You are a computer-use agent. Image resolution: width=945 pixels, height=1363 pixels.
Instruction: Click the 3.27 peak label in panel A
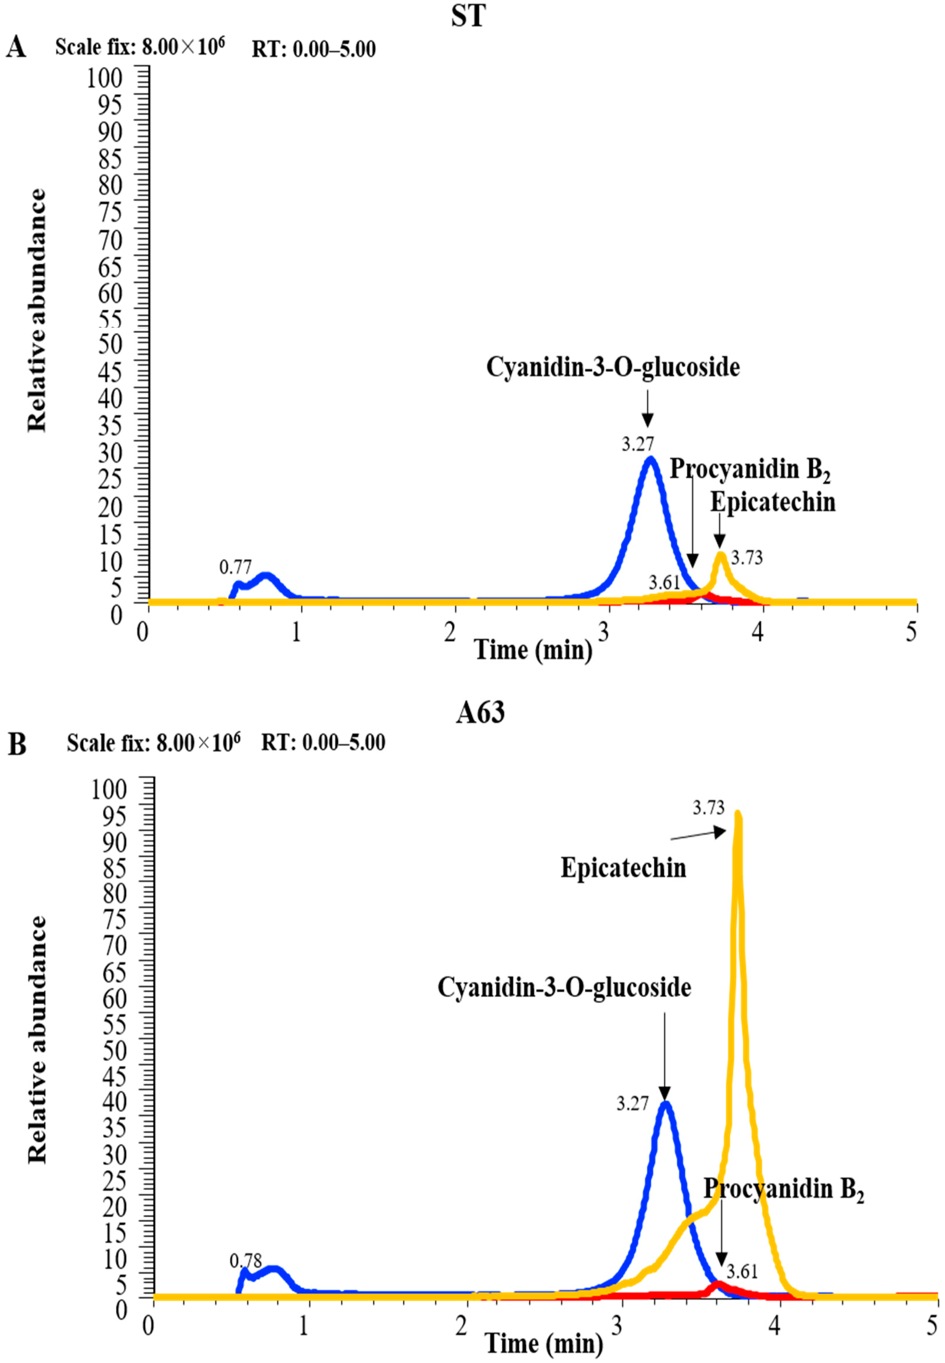tap(638, 444)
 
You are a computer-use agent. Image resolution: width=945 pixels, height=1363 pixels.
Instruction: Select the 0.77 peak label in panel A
tap(235, 567)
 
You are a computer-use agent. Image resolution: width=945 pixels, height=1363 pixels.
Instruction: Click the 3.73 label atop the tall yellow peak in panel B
tap(709, 808)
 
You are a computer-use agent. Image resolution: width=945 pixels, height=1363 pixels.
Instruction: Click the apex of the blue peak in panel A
tap(651, 459)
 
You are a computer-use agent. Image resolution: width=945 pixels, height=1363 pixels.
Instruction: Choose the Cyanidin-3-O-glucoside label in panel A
tap(613, 367)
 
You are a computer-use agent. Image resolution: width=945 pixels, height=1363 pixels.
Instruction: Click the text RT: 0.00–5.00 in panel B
tap(323, 743)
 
